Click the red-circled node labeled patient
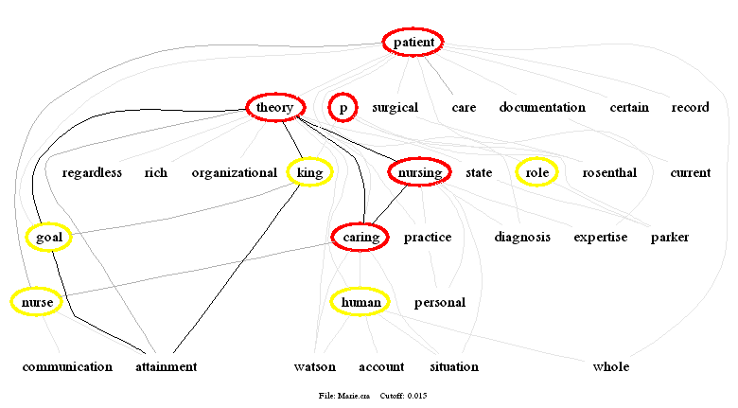413,43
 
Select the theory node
274,108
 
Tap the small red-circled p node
343,108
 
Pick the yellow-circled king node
309,172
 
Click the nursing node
419,172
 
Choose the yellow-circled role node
537,172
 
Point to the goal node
48,238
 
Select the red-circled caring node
360,237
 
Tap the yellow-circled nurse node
37,302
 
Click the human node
360,302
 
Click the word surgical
395,108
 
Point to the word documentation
542,108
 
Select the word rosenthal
609,173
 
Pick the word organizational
234,173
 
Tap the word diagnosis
521,238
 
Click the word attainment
166,367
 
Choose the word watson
315,367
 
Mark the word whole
610,367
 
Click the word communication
67,367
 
